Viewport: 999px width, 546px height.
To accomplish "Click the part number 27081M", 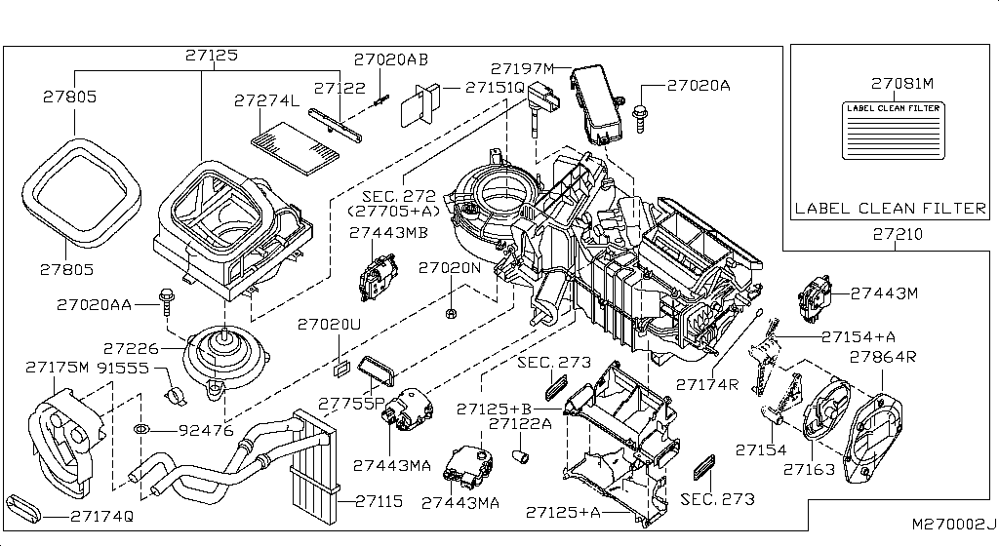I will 902,84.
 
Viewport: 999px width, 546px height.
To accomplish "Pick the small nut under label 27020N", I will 453,313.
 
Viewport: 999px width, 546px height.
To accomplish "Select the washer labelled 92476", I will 141,429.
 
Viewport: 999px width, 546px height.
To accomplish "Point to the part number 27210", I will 897,235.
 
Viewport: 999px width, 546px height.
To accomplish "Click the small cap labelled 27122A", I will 522,453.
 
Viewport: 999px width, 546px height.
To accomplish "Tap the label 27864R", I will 883,357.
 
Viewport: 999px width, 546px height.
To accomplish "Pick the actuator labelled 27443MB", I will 374,278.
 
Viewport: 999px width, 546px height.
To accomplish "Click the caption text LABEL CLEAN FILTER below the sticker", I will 890,208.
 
